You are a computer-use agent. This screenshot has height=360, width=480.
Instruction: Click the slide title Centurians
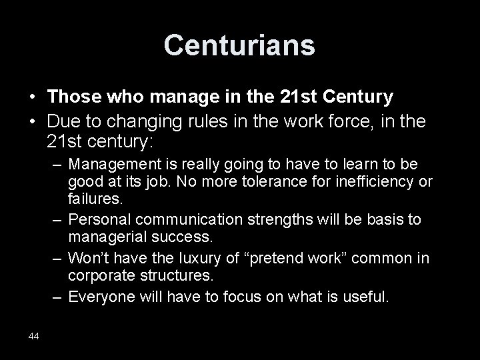[x=239, y=45]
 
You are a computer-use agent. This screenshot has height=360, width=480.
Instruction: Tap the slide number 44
[x=34, y=336]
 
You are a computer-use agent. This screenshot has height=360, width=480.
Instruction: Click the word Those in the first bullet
[x=73, y=97]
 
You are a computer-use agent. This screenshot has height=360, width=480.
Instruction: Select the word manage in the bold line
[x=176, y=97]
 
